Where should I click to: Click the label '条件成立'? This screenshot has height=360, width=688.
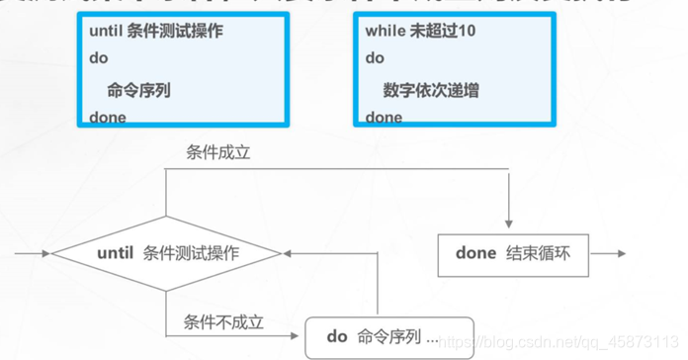[x=220, y=152]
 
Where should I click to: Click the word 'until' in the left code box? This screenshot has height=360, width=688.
[x=107, y=31]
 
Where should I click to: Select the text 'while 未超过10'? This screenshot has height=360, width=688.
[x=420, y=31]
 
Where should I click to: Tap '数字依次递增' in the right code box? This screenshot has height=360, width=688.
[x=431, y=90]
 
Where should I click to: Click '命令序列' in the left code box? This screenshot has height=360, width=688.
[x=139, y=90]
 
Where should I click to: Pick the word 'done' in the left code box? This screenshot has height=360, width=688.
[x=107, y=118]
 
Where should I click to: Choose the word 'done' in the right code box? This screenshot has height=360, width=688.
[x=384, y=118]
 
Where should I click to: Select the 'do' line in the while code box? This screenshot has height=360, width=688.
[x=375, y=58]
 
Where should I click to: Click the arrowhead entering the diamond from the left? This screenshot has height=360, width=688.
[x=46, y=253]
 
